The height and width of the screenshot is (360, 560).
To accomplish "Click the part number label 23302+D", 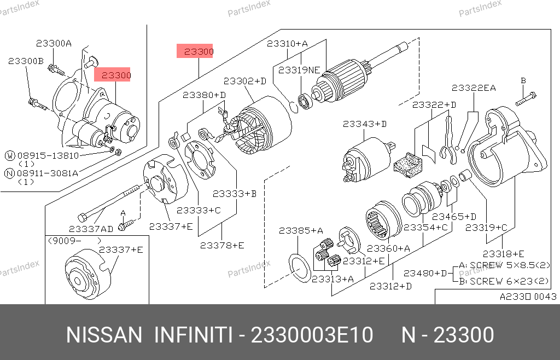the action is tap(245, 81).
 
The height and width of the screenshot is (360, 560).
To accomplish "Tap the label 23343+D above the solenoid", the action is tap(365, 124).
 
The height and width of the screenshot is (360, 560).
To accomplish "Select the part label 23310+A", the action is tap(287, 44).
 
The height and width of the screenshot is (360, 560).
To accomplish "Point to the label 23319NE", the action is tap(299, 70).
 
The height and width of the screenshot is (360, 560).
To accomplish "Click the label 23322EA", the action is tap(474, 88).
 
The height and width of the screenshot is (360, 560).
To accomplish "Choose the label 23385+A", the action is tap(301, 231).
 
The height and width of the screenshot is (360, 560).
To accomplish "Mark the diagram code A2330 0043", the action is tap(528, 297).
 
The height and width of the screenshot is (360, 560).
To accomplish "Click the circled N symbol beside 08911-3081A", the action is tap(10, 173).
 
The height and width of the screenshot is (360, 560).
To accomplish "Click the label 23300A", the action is tap(54, 44).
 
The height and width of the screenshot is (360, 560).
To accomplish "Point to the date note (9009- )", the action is tap(74, 241).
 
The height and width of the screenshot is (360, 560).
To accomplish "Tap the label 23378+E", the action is tap(222, 245).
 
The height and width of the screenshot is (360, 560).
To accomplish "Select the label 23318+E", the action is tap(503, 254).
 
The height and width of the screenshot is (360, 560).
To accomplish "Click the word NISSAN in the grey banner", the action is tap(104, 335).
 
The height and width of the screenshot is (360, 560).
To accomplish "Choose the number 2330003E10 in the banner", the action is tap(312, 335).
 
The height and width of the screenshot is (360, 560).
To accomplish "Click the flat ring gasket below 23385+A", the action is tap(300, 268).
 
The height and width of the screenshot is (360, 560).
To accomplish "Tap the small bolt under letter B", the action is tap(526, 99).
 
